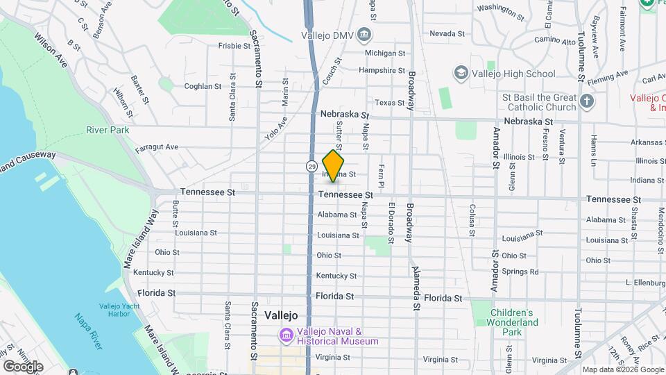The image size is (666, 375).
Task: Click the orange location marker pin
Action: pos(334,165)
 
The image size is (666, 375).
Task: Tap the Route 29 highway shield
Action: pos(311,167)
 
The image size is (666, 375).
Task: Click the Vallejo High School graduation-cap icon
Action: pos(461,73)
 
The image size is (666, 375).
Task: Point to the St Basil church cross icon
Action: pos(588,102)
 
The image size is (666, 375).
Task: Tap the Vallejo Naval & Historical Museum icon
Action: pos(286,336)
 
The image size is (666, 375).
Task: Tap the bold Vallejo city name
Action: pos(281,315)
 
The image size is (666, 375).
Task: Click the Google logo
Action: pos(23,366)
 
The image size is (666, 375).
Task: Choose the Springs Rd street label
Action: pos(520,272)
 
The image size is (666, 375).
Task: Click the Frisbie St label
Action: pos(234,46)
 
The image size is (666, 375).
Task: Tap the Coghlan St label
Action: pos(202,87)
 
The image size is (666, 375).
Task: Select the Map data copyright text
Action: pos(622,369)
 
